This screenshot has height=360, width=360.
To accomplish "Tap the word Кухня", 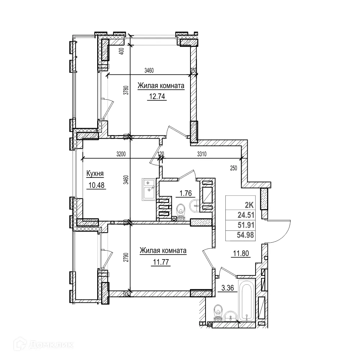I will (x=95, y=174).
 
